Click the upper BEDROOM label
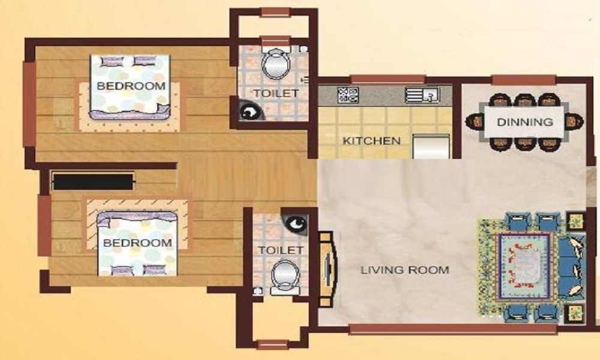pyautogui.click(x=131, y=86)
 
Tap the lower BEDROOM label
pyautogui.click(x=137, y=243)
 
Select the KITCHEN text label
pyautogui.click(x=371, y=142)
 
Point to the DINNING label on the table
pyautogui.click(x=525, y=122)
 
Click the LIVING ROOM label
pyautogui.click(x=404, y=270)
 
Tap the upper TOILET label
pyautogui.click(x=275, y=94)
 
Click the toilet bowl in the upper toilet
pyautogui.click(x=275, y=64)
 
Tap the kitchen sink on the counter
pyautogui.click(x=422, y=94)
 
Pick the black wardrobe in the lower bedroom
pyautogui.click(x=92, y=181)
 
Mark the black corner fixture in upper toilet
pyautogui.click(x=247, y=111)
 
